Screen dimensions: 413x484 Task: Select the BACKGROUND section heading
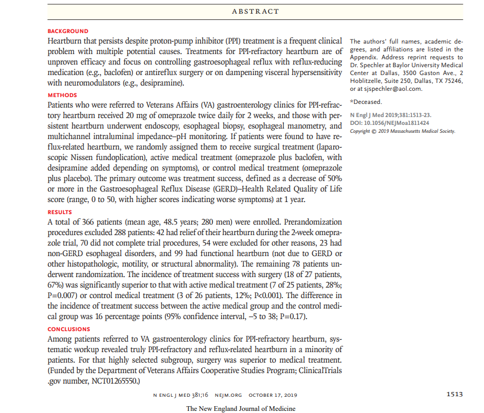(68, 31)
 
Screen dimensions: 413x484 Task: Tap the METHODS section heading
(62, 96)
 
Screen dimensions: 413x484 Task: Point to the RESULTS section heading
(60, 213)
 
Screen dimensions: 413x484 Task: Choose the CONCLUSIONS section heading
(69, 330)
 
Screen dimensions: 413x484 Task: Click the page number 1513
(455, 395)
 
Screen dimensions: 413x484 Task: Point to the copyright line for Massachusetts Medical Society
(403, 131)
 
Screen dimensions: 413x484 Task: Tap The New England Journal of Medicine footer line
(241, 409)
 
